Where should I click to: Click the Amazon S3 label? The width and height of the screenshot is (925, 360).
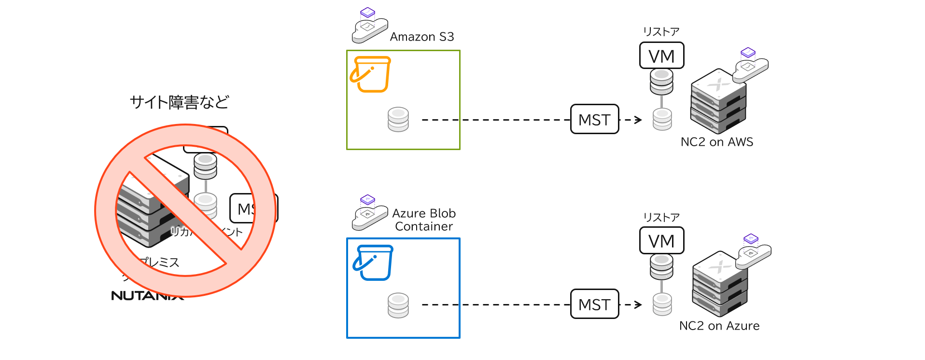421,37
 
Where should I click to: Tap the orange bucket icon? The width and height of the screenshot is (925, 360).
371,74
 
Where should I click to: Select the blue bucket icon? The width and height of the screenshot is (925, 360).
373,263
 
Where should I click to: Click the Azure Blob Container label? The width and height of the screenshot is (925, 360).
424,220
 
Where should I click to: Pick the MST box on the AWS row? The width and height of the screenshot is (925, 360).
594,119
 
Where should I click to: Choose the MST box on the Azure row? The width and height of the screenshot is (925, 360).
594,304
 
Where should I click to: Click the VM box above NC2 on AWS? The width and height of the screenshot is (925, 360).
661,56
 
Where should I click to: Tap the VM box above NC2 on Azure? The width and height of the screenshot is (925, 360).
661,240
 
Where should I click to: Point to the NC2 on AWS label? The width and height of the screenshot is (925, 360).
716,142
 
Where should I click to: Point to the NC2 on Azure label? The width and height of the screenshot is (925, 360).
719,326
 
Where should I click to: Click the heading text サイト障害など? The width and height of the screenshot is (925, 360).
179,102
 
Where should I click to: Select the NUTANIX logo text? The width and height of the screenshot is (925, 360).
145,295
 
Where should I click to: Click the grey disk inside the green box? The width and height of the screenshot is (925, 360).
398,120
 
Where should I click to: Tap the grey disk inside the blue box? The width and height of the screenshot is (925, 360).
398,305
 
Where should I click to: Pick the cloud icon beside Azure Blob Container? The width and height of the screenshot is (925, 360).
369,214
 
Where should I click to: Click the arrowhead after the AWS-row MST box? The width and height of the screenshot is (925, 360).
639,120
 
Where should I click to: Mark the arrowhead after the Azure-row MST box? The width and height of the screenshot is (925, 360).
639,305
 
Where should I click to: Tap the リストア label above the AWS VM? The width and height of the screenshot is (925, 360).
661,32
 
